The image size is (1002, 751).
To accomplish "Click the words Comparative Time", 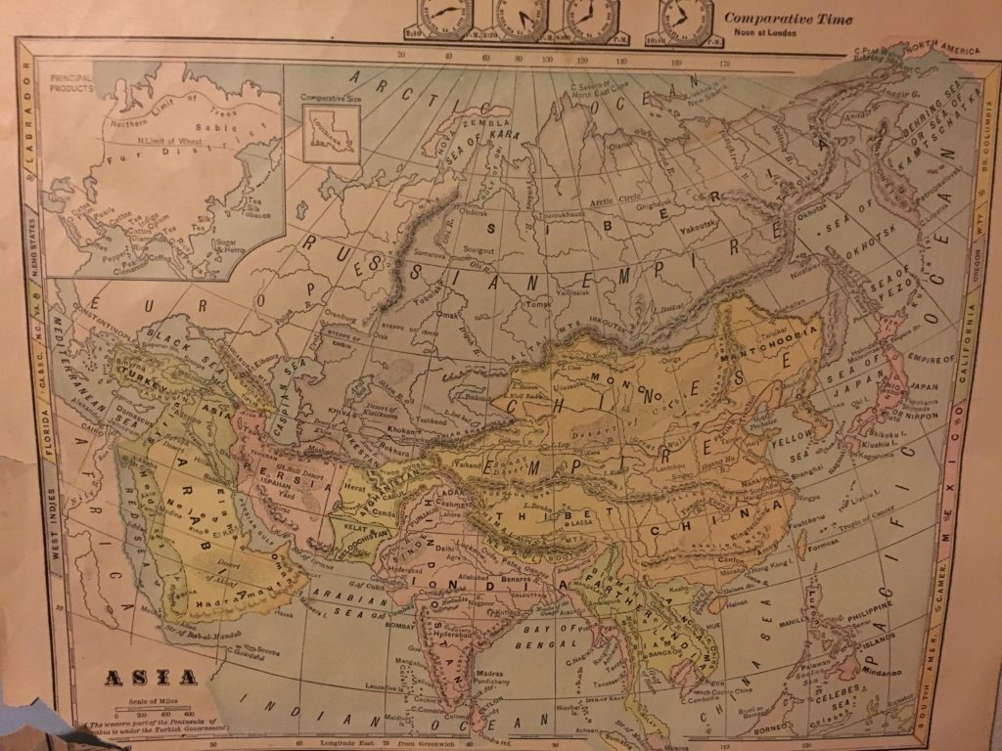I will pyautogui.click(x=788, y=19).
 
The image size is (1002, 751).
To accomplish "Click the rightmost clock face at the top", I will pyautogui.click(x=685, y=18).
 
